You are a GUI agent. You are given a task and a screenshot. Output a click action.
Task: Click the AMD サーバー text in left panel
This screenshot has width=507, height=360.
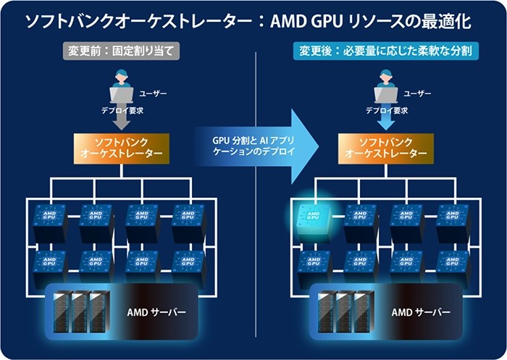point(156,312)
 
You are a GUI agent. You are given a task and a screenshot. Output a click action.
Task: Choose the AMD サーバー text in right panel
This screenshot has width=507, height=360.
point(420,312)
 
